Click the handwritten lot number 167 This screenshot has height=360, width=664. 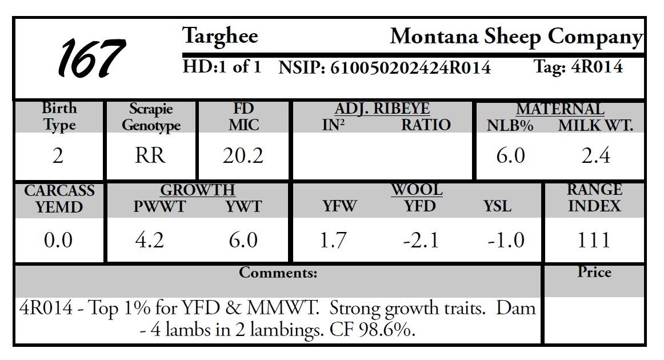pos(91,58)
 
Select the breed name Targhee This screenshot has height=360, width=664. pos(220,37)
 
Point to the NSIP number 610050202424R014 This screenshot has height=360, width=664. pos(410,68)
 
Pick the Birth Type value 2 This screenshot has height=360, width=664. pos(58,155)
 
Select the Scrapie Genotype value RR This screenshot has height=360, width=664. pos(150,155)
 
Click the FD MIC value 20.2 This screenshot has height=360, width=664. pos(243,155)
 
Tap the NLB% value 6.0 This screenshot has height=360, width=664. pos(510,155)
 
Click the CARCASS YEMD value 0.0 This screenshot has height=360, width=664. pos(58,240)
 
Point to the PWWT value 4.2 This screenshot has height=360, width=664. pos(150,240)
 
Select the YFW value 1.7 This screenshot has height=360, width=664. pos(333,240)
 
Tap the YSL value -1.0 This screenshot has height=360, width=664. pos(505,240)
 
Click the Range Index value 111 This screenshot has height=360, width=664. pos(594,240)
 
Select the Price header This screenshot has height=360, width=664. pos(594,273)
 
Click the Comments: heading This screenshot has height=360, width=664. pos(278,273)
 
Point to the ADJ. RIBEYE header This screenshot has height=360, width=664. pos(382,109)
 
